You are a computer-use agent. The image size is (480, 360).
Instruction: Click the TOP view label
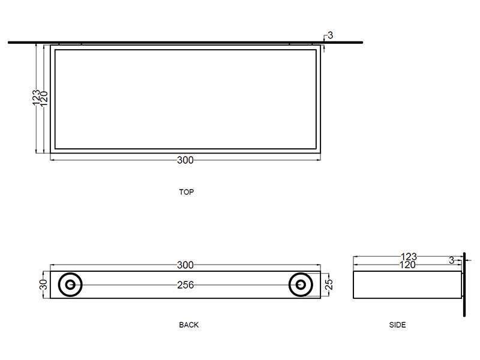coord(187,192)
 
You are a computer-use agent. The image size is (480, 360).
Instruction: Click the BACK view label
coord(188,325)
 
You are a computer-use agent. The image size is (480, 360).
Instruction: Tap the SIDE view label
coord(397,325)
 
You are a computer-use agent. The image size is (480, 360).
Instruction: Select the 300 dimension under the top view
coord(185,160)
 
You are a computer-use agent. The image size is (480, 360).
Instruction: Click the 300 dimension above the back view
coord(185,265)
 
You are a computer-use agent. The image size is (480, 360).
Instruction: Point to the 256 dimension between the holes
coord(185,285)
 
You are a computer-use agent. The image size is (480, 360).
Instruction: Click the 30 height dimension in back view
coord(44,284)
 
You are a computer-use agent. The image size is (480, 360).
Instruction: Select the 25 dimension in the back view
coord(329,284)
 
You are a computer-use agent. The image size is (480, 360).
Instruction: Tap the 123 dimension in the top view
coord(36,98)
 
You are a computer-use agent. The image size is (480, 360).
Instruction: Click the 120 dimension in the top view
coord(44,98)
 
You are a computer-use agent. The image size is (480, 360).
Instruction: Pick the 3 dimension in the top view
coord(330,35)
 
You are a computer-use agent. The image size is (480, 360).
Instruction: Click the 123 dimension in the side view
coord(409,257)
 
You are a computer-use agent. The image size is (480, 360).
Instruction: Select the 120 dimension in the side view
coord(407,265)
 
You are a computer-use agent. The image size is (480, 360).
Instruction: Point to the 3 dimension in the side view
coord(451,260)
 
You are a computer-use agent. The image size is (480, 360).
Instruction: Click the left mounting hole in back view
coord(70,284)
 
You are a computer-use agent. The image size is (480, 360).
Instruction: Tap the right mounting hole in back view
coord(301,284)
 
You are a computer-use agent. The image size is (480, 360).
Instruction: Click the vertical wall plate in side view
coord(464,284)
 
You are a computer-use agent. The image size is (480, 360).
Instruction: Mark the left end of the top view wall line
coord(8,43)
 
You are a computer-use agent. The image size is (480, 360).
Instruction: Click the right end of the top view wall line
coord(362,43)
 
